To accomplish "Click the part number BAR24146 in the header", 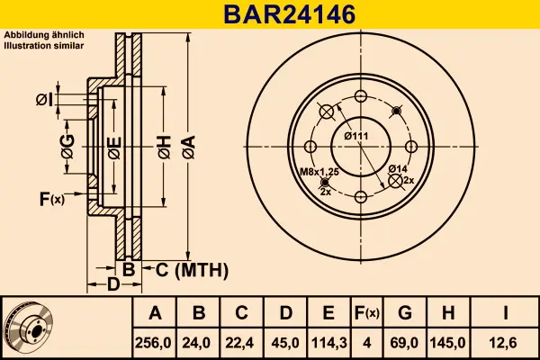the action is [x=289, y=14].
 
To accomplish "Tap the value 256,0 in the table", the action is [x=153, y=343].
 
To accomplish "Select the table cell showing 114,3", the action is [x=328, y=343].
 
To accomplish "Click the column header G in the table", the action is [x=405, y=313].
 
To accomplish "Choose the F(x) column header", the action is [x=367, y=313].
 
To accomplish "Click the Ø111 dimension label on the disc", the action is [x=356, y=136].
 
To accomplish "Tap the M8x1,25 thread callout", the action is [x=319, y=172].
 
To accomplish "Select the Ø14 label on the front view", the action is [x=398, y=169].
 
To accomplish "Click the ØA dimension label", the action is [x=189, y=147].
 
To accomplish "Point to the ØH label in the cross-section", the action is [x=165, y=147].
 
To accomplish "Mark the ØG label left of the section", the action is [x=67, y=147].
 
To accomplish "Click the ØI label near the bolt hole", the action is [x=44, y=100].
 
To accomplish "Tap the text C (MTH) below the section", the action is [x=192, y=270].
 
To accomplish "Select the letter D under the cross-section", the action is [x=113, y=284].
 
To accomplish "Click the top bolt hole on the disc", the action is [x=361, y=96].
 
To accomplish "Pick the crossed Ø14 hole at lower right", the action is [x=395, y=181].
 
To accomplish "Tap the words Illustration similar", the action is [x=44, y=46].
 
